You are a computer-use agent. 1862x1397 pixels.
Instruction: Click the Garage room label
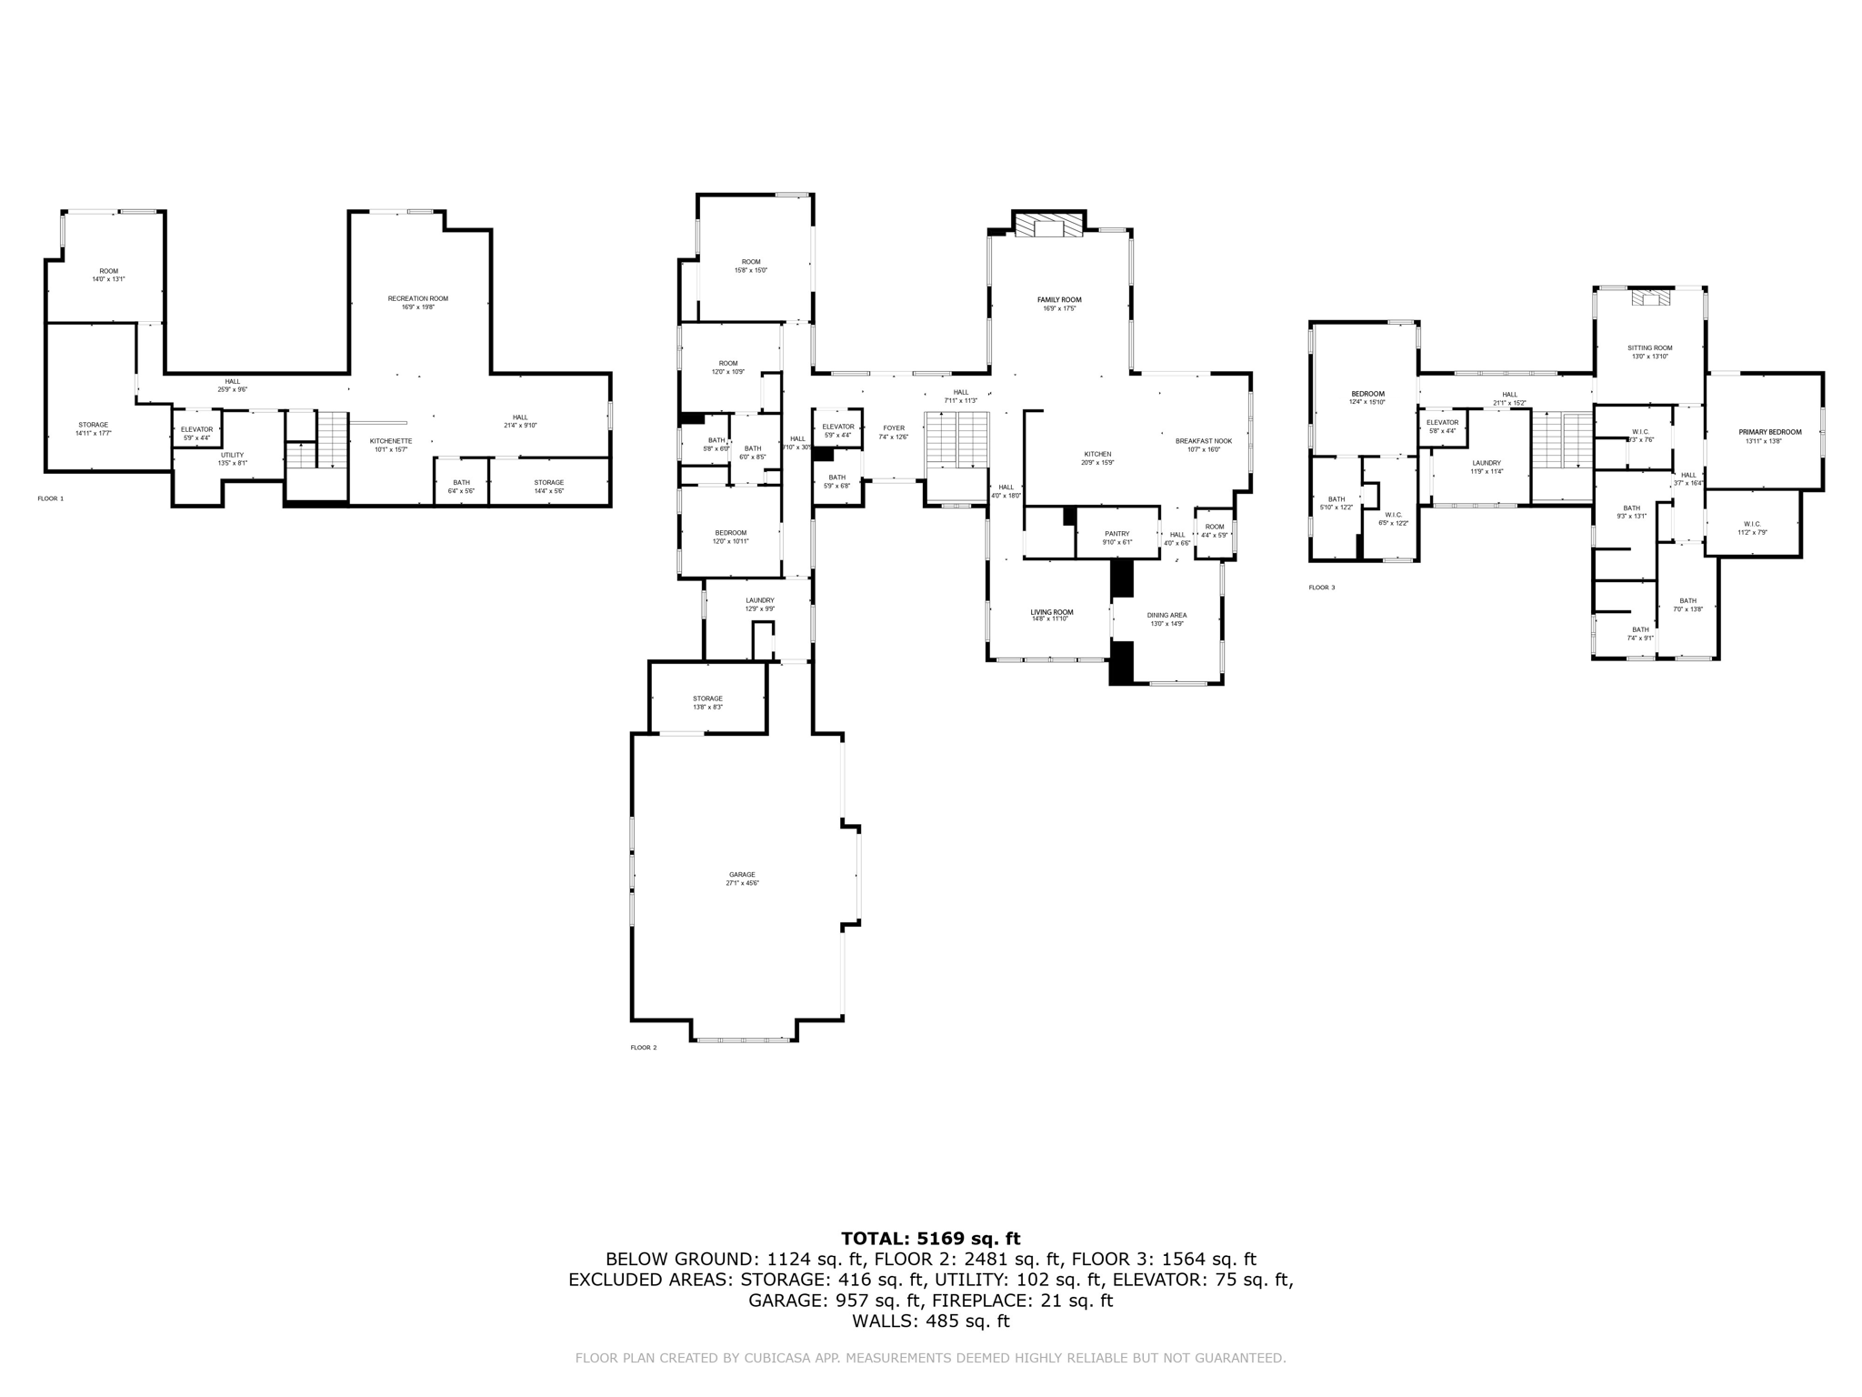click(x=742, y=875)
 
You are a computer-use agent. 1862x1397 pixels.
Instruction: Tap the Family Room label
click(x=1059, y=300)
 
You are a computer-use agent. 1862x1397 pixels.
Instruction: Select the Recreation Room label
click(x=417, y=299)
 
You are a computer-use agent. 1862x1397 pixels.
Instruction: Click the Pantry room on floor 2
click(x=1116, y=535)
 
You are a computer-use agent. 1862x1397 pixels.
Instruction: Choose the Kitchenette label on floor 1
click(x=390, y=441)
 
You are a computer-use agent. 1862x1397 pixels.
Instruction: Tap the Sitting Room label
click(x=1649, y=348)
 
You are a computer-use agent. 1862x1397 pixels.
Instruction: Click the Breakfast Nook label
click(x=1203, y=441)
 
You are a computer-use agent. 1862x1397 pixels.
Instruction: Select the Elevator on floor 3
click(x=1442, y=423)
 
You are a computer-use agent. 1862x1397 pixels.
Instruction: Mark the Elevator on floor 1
click(x=196, y=429)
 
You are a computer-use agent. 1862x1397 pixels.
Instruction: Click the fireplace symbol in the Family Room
click(x=1049, y=226)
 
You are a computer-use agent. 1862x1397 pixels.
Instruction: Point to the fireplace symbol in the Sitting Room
click(x=1650, y=299)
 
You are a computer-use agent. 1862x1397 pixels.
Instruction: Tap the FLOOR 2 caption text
click(x=643, y=1048)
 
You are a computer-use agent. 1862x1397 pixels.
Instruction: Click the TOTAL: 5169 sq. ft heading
click(x=930, y=1238)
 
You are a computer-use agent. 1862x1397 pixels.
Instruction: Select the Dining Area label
click(x=1167, y=616)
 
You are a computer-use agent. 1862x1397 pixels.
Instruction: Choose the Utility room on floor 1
click(x=232, y=456)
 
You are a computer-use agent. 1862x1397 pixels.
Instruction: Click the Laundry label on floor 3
click(x=1487, y=463)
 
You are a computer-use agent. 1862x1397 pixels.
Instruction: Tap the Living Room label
click(x=1051, y=613)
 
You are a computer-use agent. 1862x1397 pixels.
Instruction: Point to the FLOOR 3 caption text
click(x=1321, y=588)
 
